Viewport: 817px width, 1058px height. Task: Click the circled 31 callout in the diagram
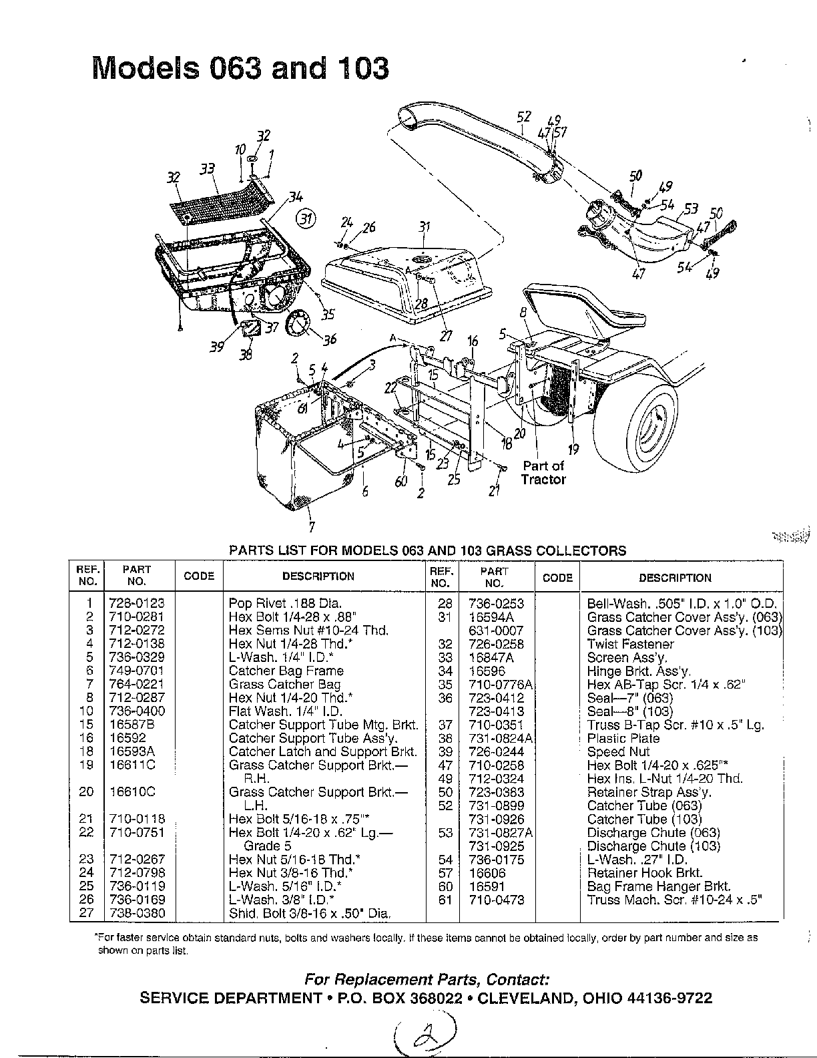[306, 218]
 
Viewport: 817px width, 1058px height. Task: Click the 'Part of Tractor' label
[543, 472]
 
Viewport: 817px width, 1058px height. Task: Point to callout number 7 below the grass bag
[312, 527]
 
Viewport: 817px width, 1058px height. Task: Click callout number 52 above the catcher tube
[523, 118]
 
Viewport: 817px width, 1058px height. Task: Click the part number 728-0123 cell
[138, 602]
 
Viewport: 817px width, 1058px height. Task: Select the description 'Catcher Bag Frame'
[286, 671]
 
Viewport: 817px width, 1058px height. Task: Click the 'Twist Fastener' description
[630, 644]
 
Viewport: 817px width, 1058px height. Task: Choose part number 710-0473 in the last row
[497, 900]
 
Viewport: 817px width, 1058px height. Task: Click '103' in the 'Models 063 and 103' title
[362, 67]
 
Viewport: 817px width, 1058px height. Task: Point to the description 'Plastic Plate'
[623, 738]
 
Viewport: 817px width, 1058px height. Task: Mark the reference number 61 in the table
[445, 900]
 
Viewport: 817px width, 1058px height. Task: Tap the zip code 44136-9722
[669, 998]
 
